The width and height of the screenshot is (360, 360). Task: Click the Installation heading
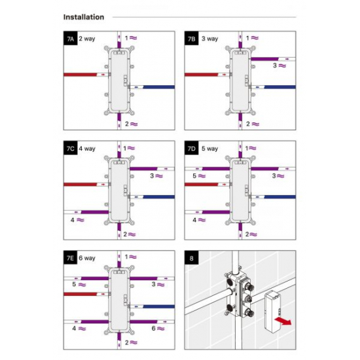point(84,17)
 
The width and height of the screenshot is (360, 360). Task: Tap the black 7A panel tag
point(71,39)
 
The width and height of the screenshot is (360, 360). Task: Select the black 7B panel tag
point(192,39)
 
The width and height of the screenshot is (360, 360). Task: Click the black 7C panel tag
point(71,148)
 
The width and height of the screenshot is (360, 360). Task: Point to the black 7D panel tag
point(192,148)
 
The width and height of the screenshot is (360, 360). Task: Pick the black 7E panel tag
point(71,258)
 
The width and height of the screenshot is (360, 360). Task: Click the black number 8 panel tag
point(192,258)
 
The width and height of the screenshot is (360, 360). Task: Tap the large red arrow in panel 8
point(283,321)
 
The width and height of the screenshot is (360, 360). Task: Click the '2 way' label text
point(87,39)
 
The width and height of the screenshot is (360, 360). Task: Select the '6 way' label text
point(87,258)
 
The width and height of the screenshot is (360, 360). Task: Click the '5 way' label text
point(210,149)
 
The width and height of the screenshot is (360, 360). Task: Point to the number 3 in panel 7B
point(275,65)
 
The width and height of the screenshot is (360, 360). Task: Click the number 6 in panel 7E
point(154,329)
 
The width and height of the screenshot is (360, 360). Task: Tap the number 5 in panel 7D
point(194,176)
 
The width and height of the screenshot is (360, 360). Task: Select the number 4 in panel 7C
point(73,220)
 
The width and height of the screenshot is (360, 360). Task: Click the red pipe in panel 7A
point(80,75)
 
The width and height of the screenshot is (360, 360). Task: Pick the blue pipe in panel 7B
point(280,87)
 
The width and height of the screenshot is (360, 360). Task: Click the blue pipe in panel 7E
point(159,306)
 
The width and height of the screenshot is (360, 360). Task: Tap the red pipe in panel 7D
point(202,185)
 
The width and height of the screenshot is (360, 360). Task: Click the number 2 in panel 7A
point(127,124)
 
